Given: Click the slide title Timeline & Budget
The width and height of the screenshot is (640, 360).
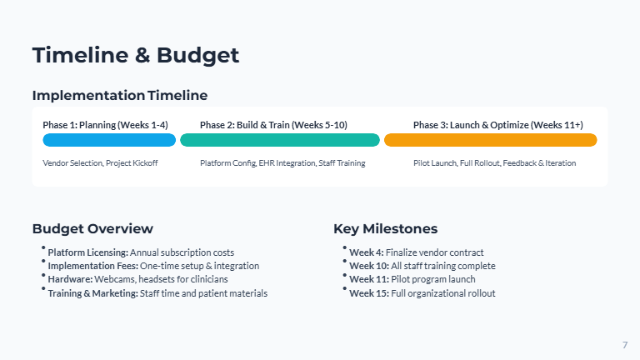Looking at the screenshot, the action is (136, 56).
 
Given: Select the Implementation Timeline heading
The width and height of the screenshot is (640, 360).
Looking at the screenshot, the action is (120, 96).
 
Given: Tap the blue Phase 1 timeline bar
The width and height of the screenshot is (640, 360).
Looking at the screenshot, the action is (109, 140).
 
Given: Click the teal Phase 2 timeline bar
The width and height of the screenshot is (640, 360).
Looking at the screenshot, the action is (280, 140).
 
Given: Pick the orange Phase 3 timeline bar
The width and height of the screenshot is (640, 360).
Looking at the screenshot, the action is (491, 140).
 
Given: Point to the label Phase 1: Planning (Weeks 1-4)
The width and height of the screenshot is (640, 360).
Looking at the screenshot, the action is (105, 125).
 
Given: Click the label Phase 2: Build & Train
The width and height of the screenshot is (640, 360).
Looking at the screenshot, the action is (244, 125).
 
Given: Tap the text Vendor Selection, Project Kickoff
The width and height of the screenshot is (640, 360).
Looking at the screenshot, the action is (100, 163).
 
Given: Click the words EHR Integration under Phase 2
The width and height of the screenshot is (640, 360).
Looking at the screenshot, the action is (287, 163).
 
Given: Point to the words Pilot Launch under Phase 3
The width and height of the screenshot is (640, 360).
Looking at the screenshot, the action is (435, 163).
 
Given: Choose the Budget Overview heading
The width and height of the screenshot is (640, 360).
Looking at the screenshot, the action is (92, 229).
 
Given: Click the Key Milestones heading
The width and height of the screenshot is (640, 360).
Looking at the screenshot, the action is (385, 229).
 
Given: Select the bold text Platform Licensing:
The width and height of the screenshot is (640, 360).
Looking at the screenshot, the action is (88, 252).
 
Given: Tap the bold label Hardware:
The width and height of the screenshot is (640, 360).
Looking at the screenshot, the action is (70, 279).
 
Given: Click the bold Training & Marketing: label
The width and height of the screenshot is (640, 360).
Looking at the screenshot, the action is (93, 293).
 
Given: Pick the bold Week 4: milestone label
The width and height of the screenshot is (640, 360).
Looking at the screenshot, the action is (367, 252).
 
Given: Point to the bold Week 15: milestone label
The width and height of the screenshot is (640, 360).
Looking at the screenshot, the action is (369, 293).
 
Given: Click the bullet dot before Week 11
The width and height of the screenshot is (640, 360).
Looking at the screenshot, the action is (344, 275).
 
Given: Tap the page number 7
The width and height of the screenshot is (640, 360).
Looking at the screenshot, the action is (625, 345).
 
